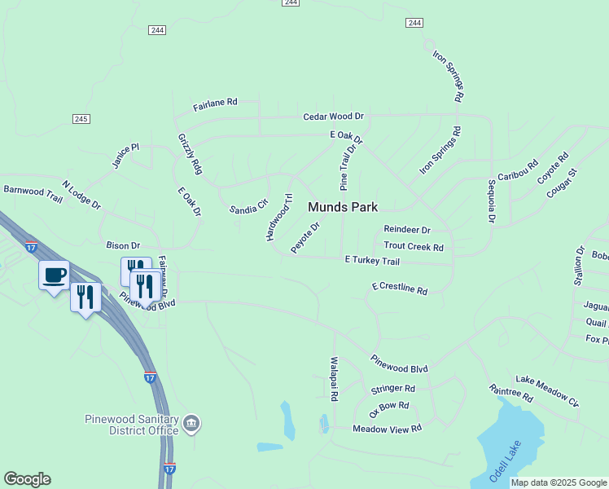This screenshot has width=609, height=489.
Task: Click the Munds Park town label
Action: click(x=342, y=208)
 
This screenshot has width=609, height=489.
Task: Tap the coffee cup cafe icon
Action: click(x=55, y=275)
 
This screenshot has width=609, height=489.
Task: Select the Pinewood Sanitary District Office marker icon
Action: click(x=191, y=423)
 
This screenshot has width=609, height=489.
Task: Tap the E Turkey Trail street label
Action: click(x=372, y=261)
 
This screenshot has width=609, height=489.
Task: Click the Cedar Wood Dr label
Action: click(x=333, y=117)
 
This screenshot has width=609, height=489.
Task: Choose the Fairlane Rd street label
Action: click(x=215, y=104)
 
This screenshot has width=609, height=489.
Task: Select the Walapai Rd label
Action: click(x=334, y=379)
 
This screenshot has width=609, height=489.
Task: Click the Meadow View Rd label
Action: click(x=387, y=428)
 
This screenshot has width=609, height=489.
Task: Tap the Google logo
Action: click(x=27, y=479)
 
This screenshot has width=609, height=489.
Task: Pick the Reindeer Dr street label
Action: click(x=406, y=231)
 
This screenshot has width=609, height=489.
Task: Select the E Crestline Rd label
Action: click(x=399, y=288)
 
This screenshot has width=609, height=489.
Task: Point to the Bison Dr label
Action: click(x=123, y=245)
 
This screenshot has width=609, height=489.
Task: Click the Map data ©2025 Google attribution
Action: click(x=559, y=482)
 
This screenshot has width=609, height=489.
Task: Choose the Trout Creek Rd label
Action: click(x=414, y=247)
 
